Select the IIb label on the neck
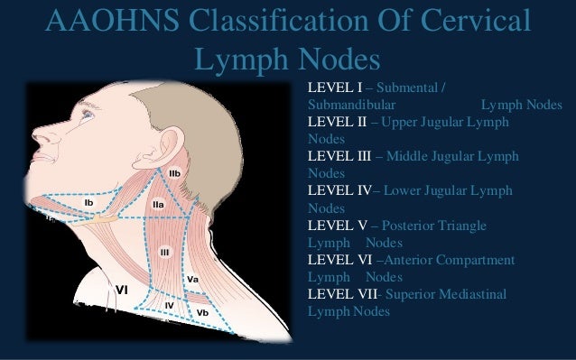174,172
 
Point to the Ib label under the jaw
89,203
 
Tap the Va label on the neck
192,280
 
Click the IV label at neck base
169,306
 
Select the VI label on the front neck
121,289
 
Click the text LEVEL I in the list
334,88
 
